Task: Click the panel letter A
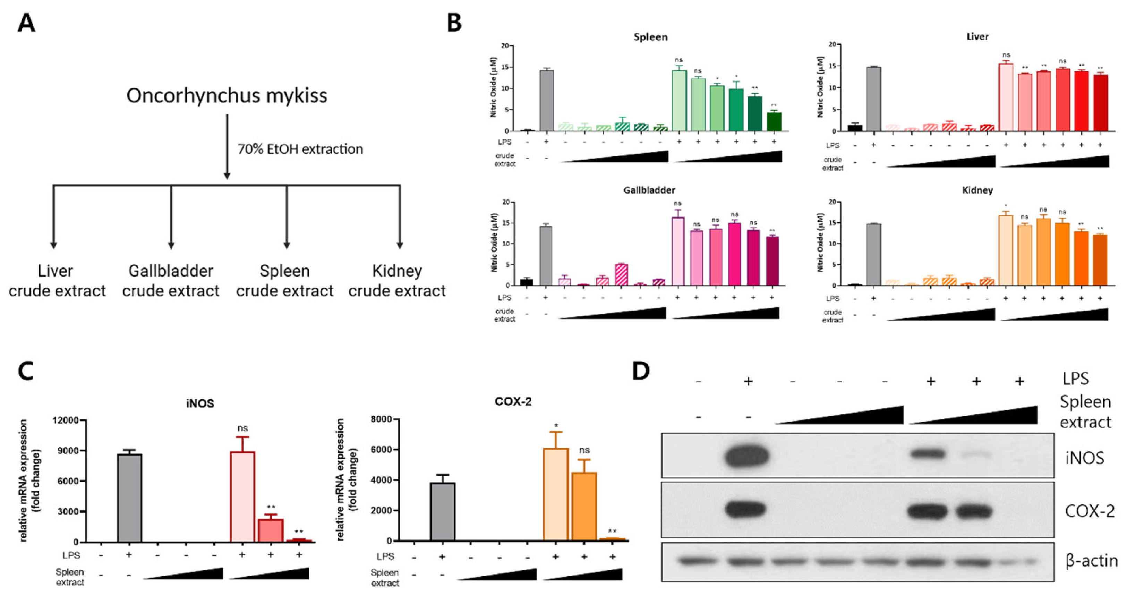tap(26, 23)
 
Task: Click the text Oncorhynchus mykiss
tap(227, 95)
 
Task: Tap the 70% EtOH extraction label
tap(300, 149)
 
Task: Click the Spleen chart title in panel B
tap(650, 37)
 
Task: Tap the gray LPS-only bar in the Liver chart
tap(873, 99)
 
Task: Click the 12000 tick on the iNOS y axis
tap(65, 420)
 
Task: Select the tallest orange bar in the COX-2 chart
tap(556, 494)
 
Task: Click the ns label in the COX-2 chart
tap(584, 450)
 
